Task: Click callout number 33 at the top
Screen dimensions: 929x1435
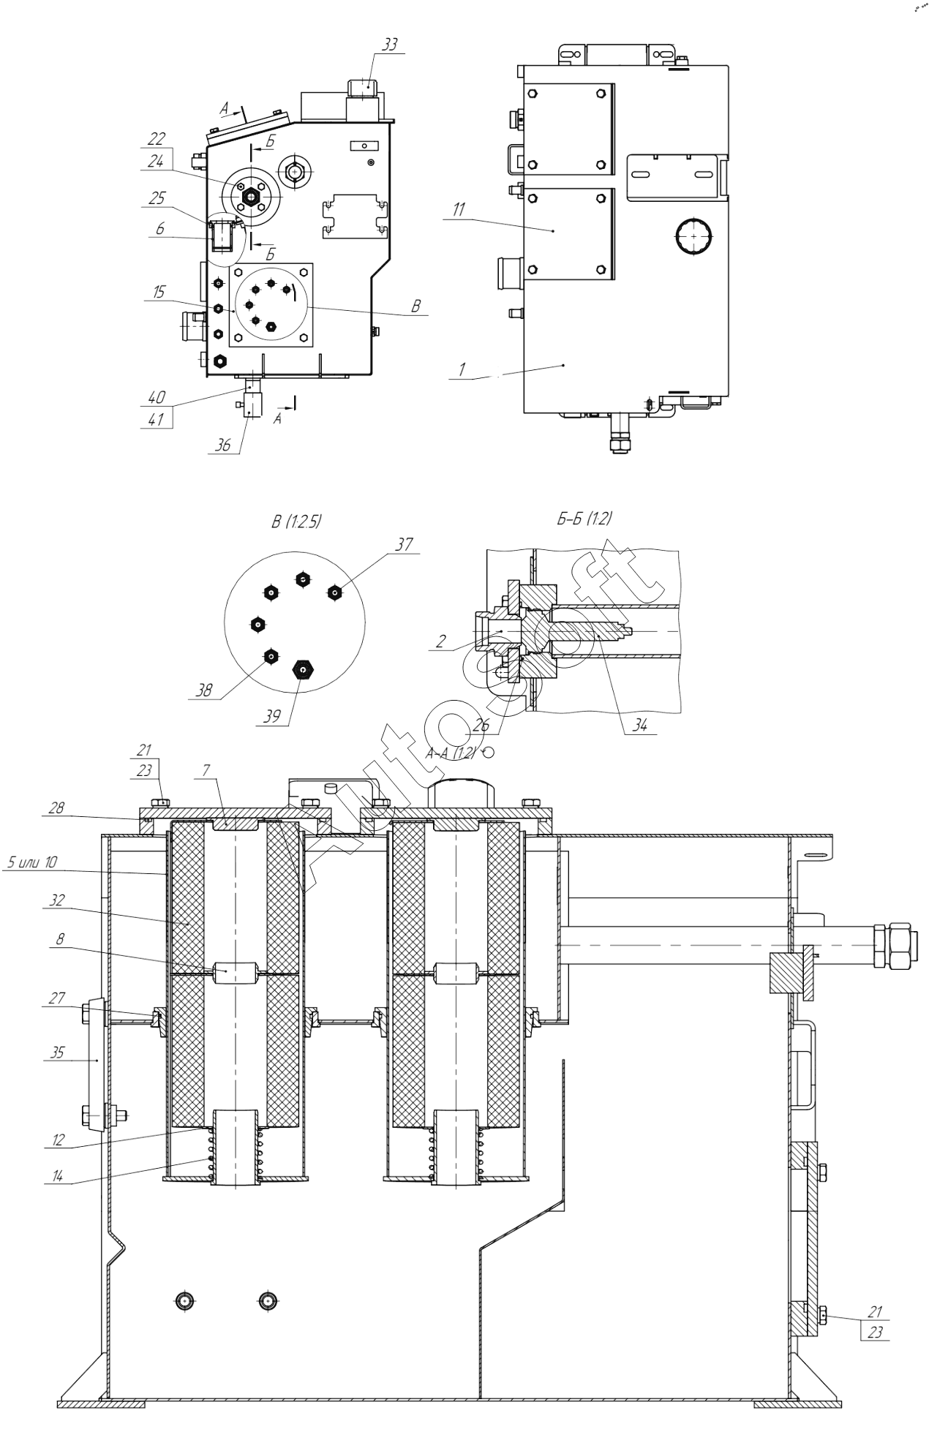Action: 390,45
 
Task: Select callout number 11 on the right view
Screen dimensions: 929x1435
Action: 458,210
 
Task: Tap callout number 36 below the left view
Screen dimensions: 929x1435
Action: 223,445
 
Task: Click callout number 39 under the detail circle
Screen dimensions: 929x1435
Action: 271,716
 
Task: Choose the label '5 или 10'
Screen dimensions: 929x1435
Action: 31,862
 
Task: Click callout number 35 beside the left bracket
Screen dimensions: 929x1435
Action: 56,1052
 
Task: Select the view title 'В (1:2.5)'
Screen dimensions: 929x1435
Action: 296,521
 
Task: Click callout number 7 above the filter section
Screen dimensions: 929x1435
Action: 207,769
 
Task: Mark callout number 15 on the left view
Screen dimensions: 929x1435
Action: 159,293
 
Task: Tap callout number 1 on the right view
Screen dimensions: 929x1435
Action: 462,369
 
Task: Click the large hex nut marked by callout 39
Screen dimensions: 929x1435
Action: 301,669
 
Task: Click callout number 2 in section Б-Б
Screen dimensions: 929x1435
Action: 440,641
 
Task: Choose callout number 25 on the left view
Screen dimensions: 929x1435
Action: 157,198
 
